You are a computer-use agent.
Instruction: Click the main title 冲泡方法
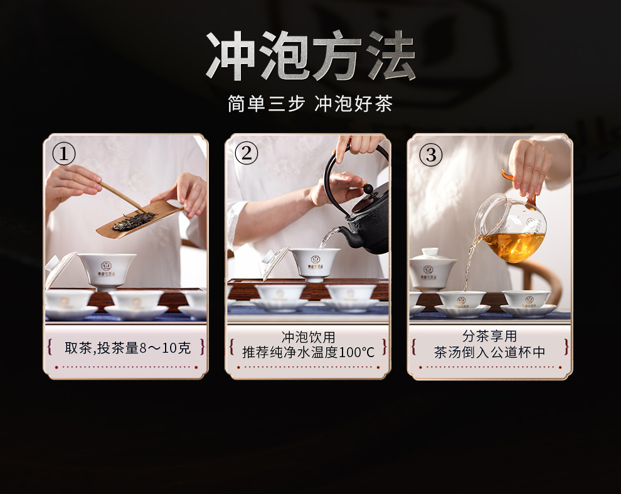[x=310, y=55]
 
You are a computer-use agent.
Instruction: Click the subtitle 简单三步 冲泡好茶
[x=310, y=104]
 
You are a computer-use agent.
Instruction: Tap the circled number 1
[x=64, y=154]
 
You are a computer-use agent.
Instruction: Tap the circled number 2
[x=246, y=153]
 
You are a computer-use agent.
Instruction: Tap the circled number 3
[x=430, y=154]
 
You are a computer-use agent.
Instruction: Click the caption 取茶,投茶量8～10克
[x=127, y=348]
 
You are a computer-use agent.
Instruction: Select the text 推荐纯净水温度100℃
[x=308, y=352]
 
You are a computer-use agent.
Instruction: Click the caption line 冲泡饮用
[x=308, y=337]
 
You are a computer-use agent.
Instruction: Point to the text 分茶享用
[x=489, y=336]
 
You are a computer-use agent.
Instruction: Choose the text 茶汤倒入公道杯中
[x=489, y=352]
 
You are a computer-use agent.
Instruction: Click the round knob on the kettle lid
[x=369, y=188]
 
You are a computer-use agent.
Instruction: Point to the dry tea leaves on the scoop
[x=134, y=221]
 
